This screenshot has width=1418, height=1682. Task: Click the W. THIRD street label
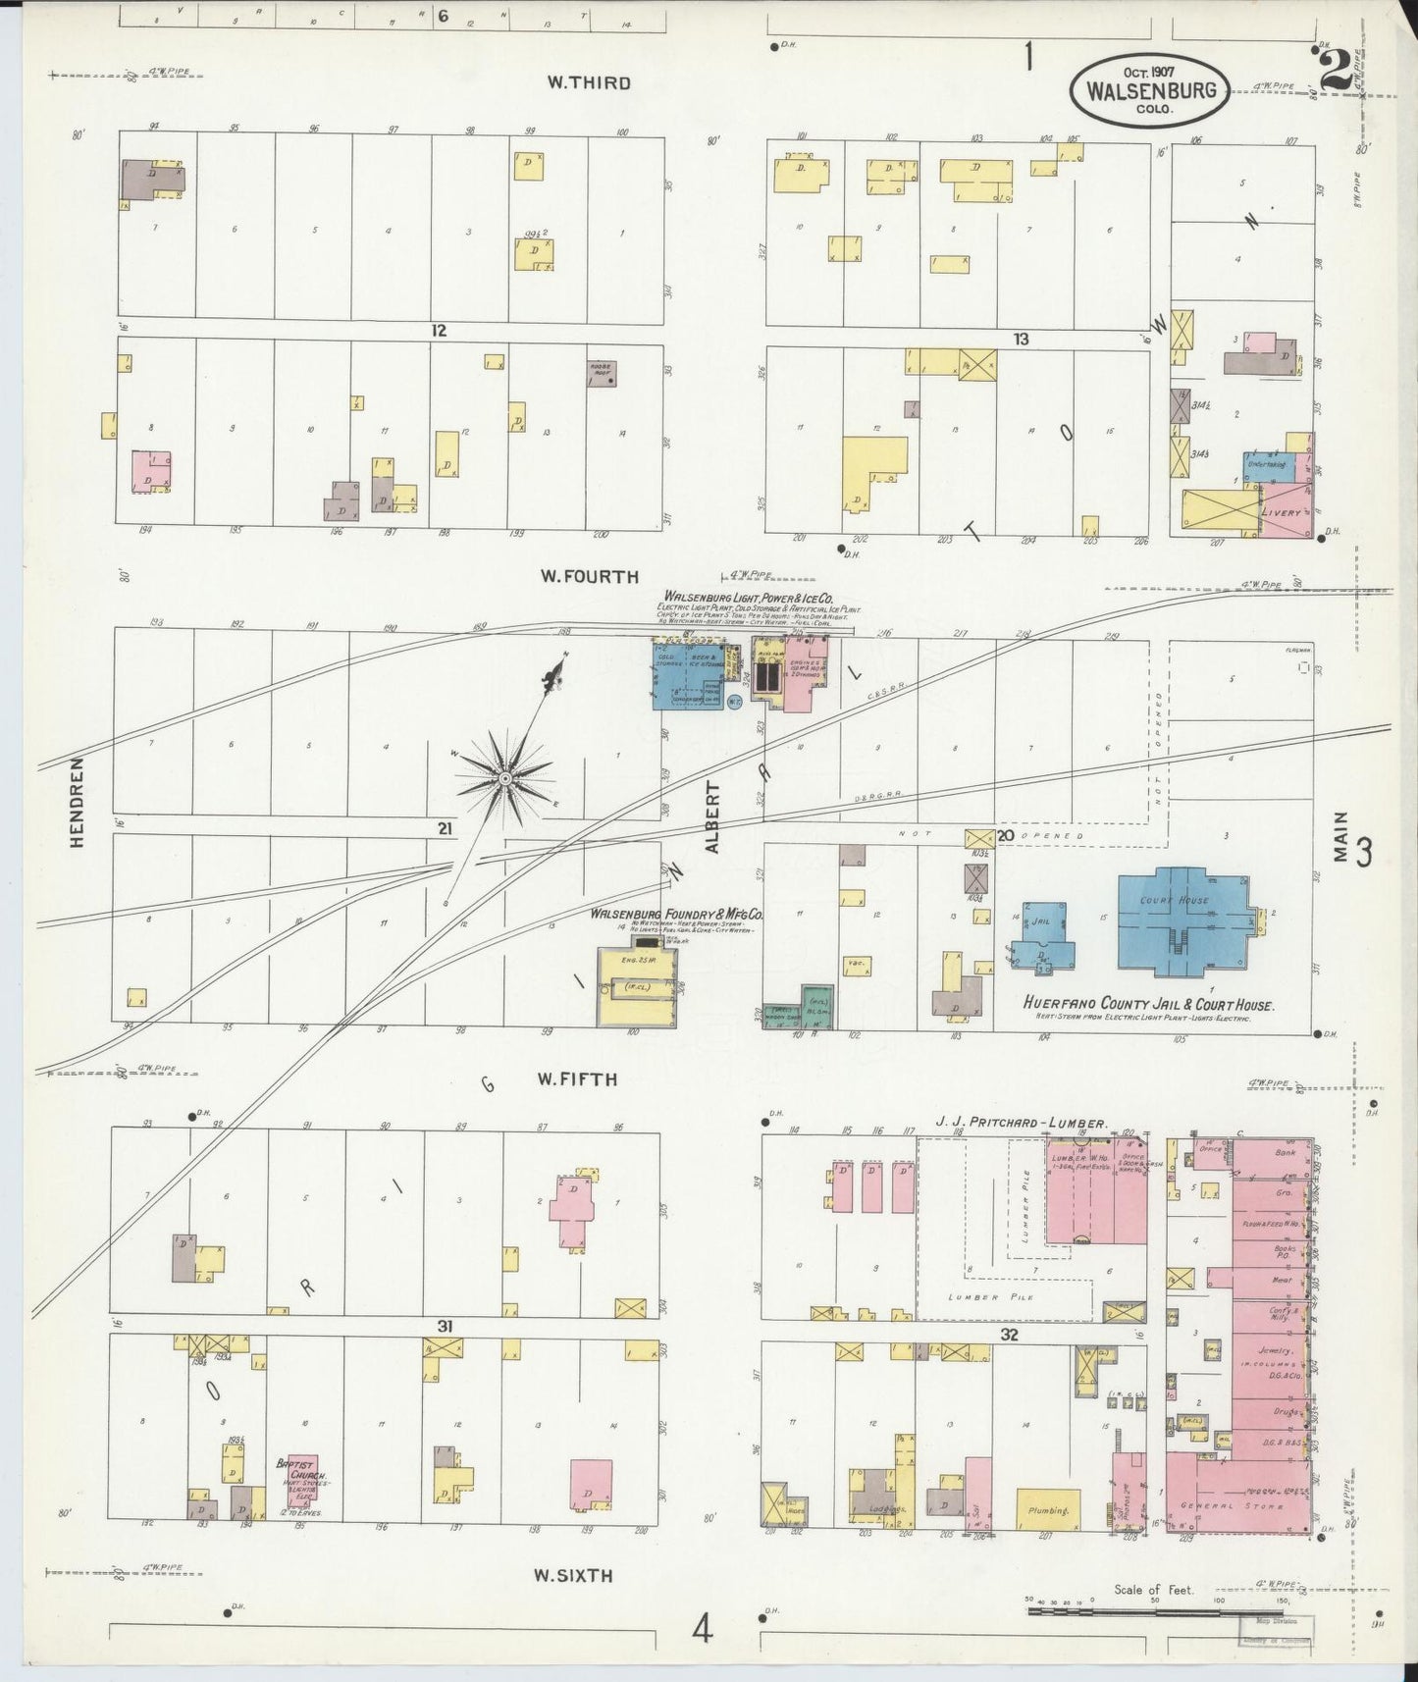[589, 83]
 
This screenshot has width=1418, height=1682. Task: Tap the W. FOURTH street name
[589, 577]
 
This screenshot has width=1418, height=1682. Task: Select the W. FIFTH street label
[577, 1079]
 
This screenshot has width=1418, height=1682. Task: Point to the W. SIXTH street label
[573, 1576]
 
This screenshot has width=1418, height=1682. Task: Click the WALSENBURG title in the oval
[1150, 91]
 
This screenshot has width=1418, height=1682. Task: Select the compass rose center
[504, 780]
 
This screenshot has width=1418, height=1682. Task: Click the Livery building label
[1286, 513]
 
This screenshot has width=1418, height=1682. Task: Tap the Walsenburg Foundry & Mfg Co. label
[675, 914]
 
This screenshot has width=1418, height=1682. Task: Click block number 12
[438, 332]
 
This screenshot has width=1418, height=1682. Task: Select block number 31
[446, 1326]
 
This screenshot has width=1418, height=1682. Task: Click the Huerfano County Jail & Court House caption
[1148, 1006]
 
